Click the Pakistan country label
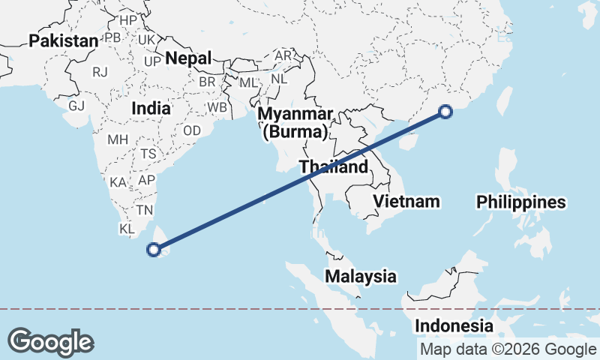point(64,41)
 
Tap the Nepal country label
point(188,57)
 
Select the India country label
point(150,108)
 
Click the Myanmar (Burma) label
point(295,123)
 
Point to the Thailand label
point(334,166)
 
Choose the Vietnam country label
point(406,201)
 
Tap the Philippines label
point(521,202)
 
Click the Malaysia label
point(361,276)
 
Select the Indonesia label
point(454,326)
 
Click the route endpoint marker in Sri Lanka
point(154,250)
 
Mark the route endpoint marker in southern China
point(445,112)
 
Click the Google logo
point(50,342)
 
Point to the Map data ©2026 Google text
point(508,349)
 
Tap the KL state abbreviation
point(127,229)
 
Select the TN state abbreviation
point(145,211)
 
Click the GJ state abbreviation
point(76,106)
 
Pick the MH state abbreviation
point(118,139)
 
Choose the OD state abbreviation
point(191,130)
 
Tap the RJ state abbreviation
point(100,72)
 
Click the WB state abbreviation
point(217,107)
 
